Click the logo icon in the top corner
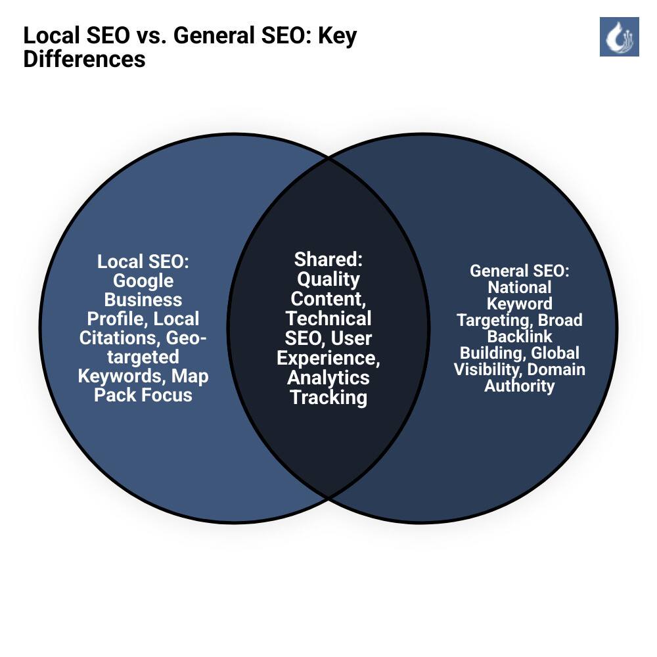(x=619, y=37)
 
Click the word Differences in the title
(x=84, y=58)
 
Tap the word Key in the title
(x=338, y=36)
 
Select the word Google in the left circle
(x=143, y=281)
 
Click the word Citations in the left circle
(x=122, y=338)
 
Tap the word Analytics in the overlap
(x=328, y=378)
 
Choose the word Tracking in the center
(x=328, y=397)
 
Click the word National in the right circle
(x=519, y=287)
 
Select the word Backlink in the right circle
(x=519, y=336)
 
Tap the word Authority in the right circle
(x=519, y=386)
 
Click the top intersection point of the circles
(x=328, y=158)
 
